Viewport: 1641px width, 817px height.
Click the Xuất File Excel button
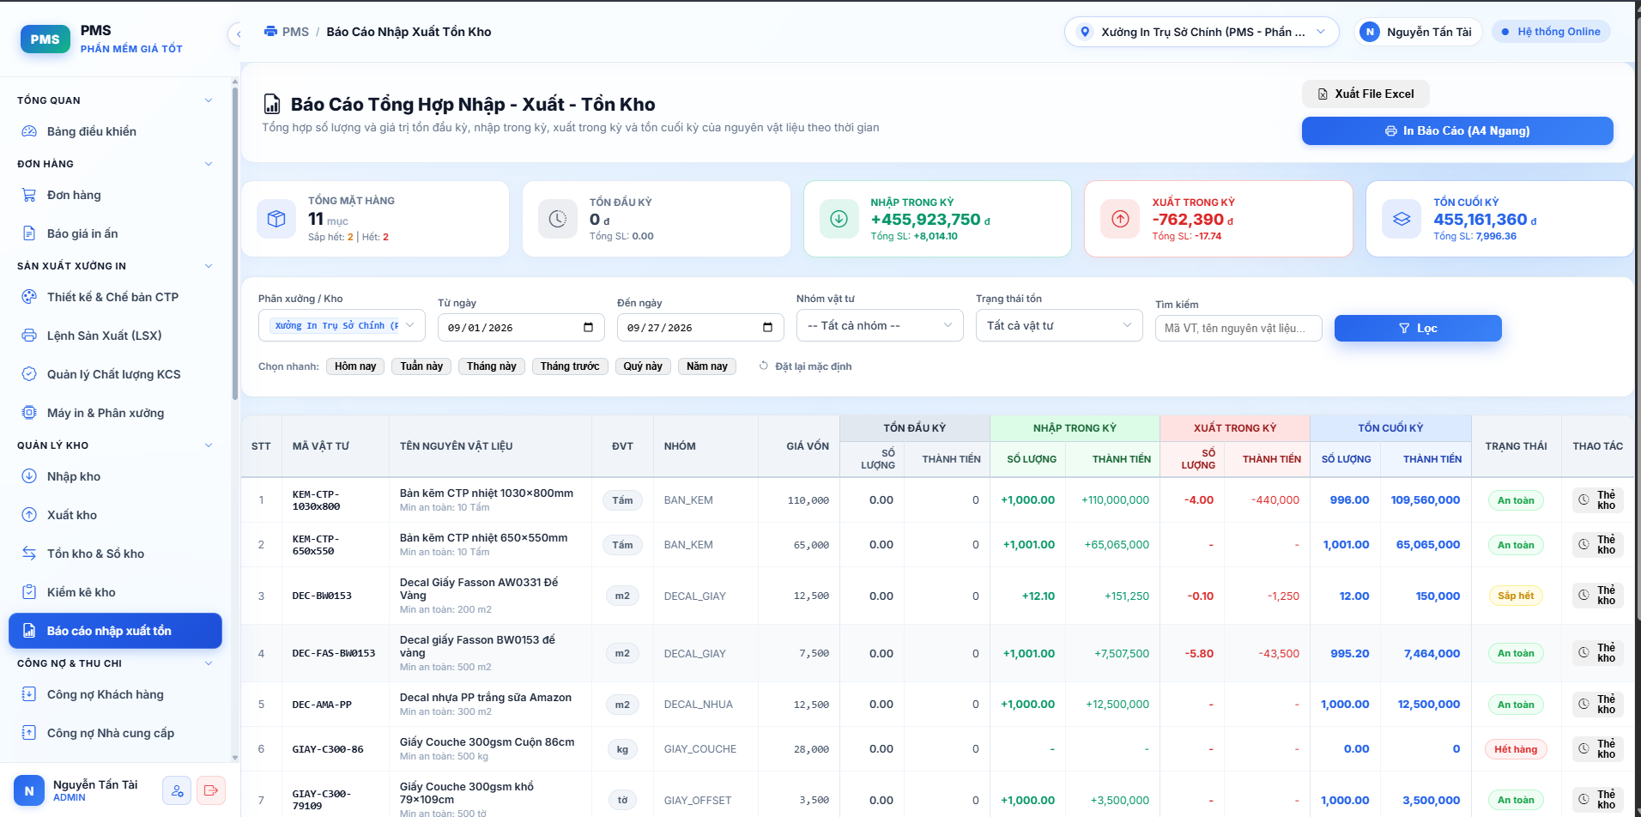pos(1365,94)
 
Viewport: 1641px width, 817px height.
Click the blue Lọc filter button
pos(1418,328)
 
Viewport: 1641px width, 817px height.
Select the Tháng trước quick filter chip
pos(570,366)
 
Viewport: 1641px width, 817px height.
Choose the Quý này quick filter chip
pos(643,366)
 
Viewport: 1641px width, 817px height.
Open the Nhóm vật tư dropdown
pos(880,325)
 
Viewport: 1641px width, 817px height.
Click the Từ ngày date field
pos(521,328)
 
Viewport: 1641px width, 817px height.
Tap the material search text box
pos(1238,328)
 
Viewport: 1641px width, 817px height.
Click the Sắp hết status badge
pos(1516,596)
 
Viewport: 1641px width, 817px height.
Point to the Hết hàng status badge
pos(1516,749)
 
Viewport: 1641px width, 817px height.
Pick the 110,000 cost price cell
pos(808,500)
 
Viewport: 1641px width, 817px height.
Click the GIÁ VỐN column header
pos(808,446)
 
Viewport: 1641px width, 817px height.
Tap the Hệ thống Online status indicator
pos(1551,32)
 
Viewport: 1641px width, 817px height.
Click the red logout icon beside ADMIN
pos(211,790)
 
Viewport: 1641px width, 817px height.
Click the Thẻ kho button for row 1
pos(1597,500)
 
